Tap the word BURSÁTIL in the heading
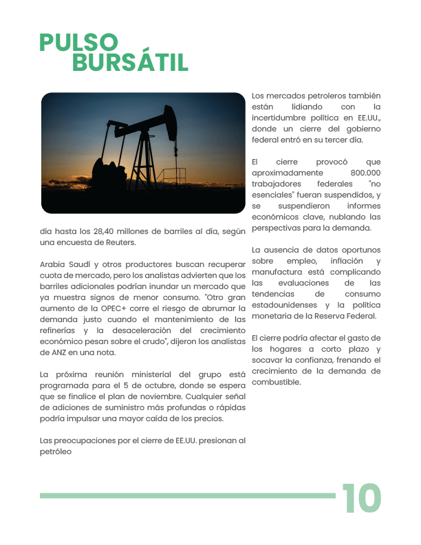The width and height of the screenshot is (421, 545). click(x=130, y=63)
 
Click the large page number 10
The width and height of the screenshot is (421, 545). click(x=361, y=498)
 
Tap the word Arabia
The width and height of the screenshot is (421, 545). click(x=54, y=264)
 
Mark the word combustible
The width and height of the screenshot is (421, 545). click(x=276, y=382)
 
